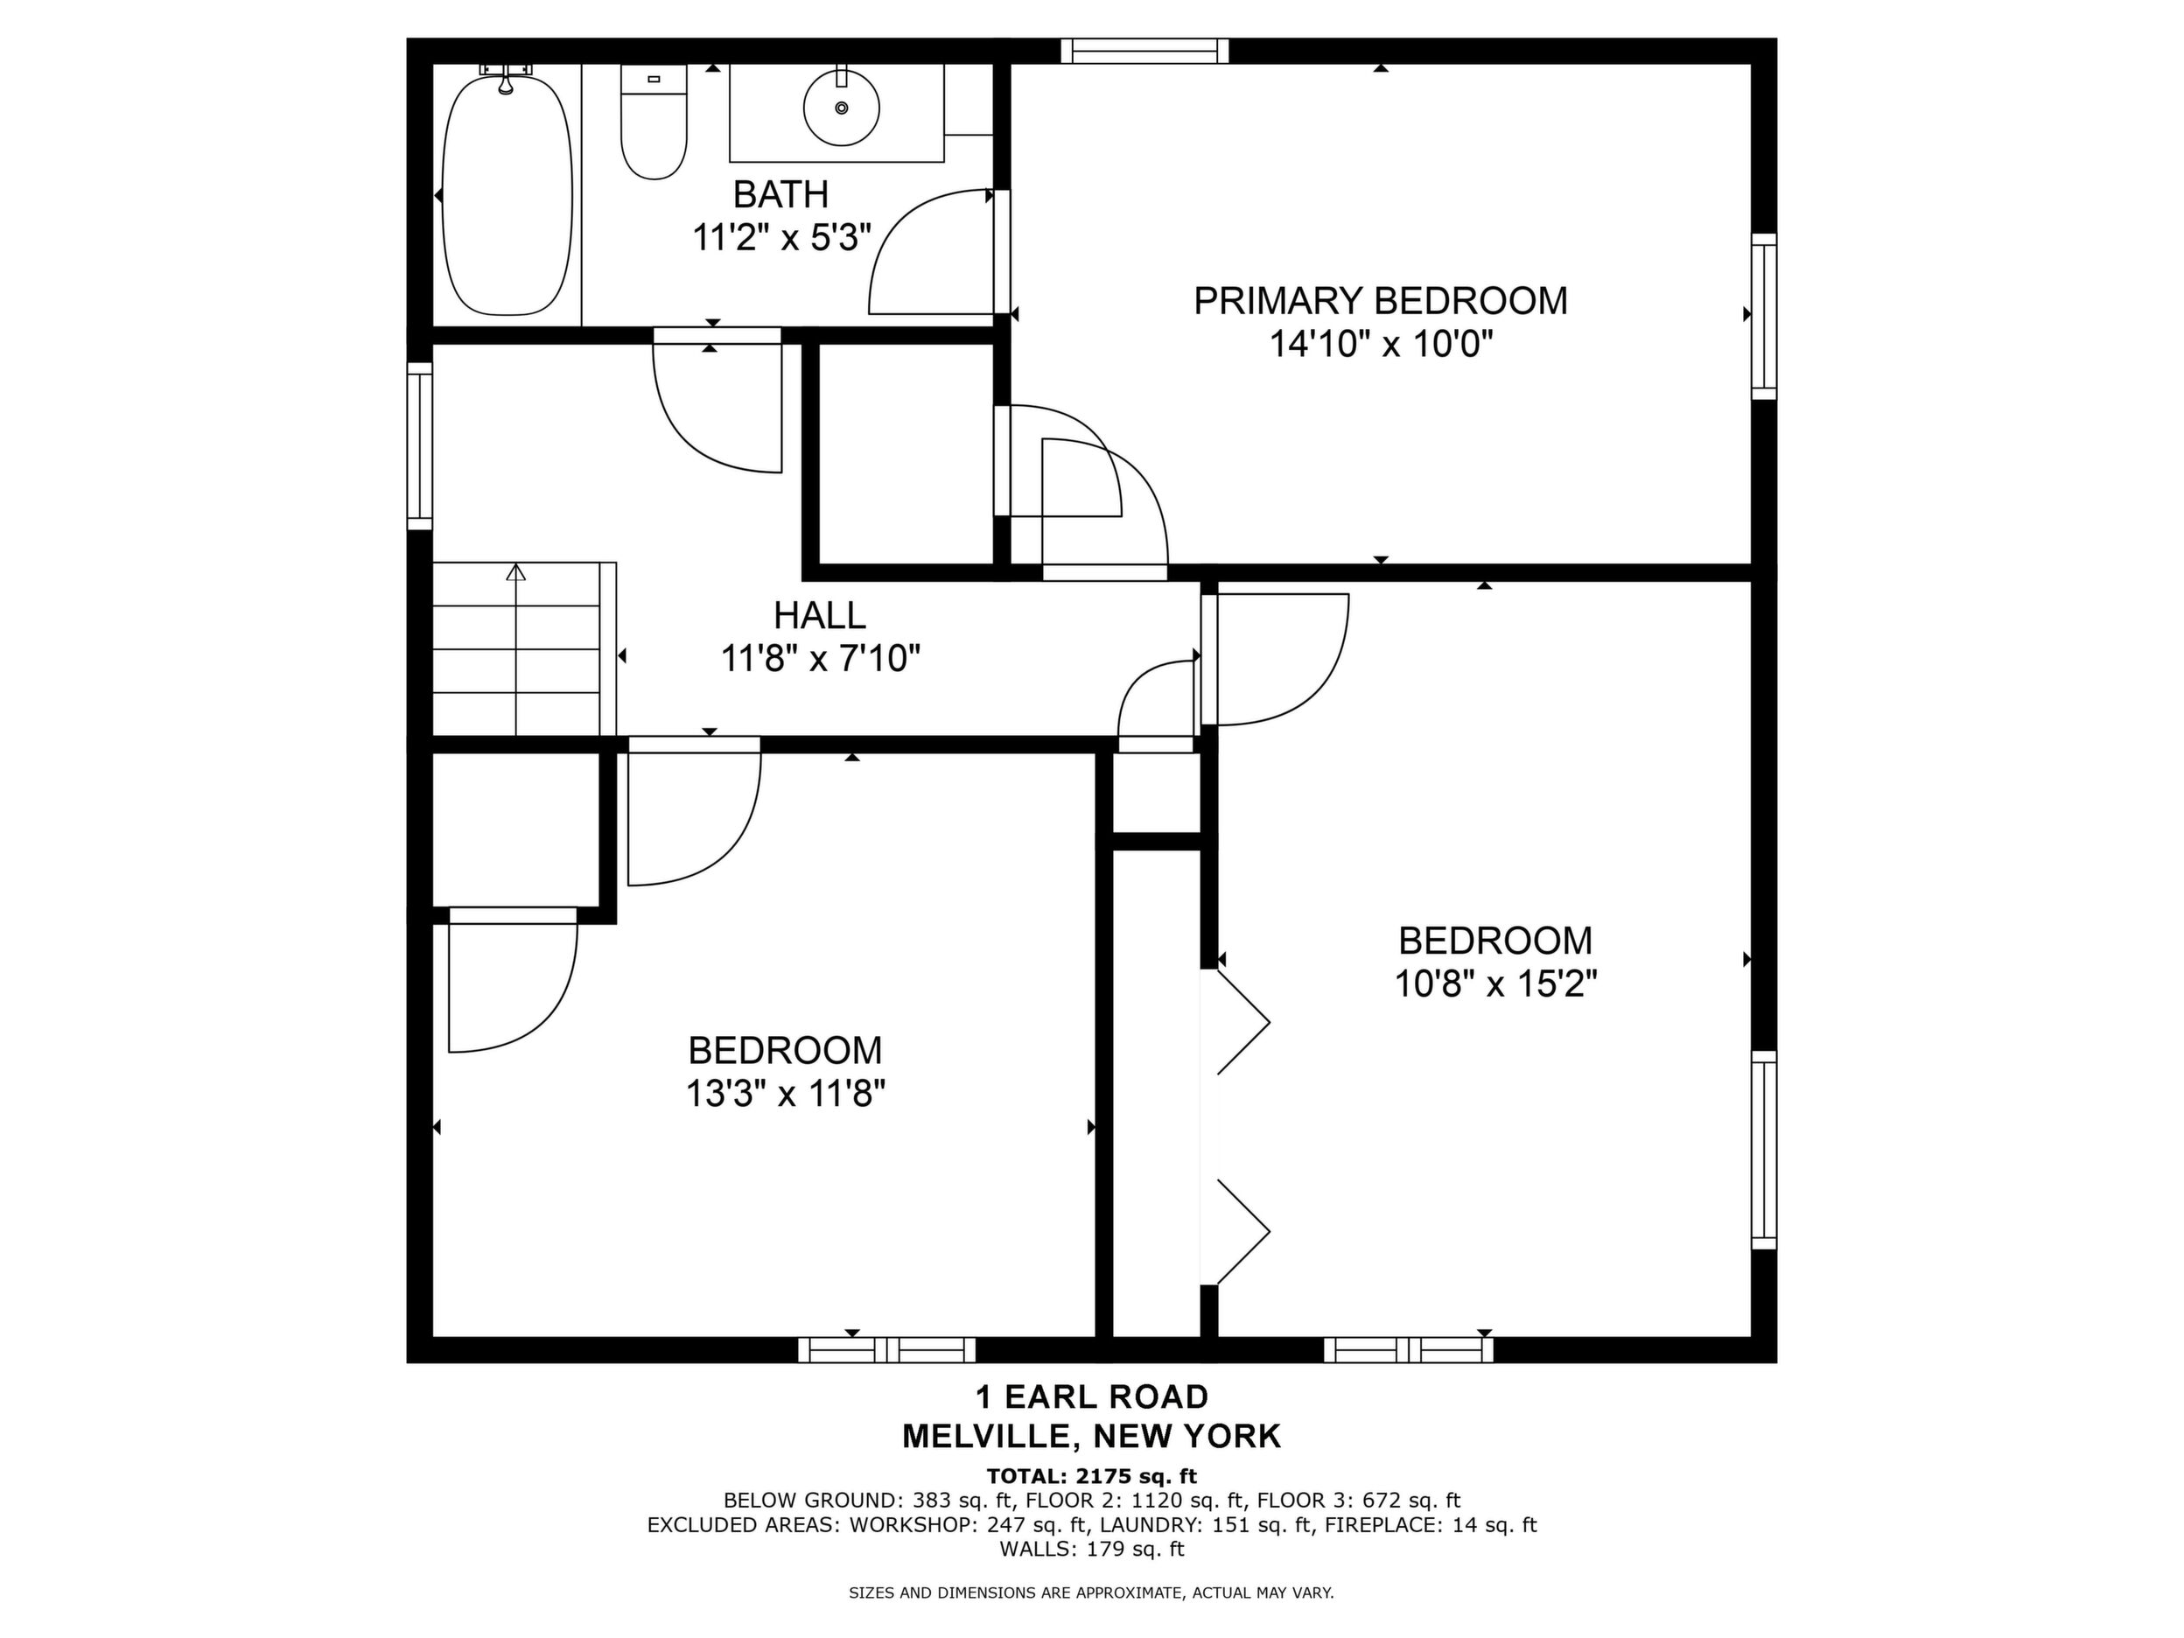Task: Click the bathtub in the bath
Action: tap(507, 194)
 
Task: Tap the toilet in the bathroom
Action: tap(654, 122)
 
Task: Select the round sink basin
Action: tap(841, 108)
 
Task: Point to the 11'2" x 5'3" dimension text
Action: tap(781, 238)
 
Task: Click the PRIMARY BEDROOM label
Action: tap(1380, 301)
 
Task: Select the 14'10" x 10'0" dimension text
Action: tap(1380, 345)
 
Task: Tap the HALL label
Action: tap(820, 615)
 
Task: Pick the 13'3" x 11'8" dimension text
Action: tap(785, 1094)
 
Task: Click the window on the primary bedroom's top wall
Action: tap(1145, 51)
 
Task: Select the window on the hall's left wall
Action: tap(421, 446)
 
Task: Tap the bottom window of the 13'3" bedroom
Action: tap(886, 1350)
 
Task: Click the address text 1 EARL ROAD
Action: tap(1092, 1397)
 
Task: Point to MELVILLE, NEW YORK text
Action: tap(1092, 1437)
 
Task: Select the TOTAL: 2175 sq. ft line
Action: tap(1092, 1476)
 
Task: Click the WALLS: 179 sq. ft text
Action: tap(1092, 1549)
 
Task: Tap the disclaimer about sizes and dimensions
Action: tap(1092, 1592)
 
